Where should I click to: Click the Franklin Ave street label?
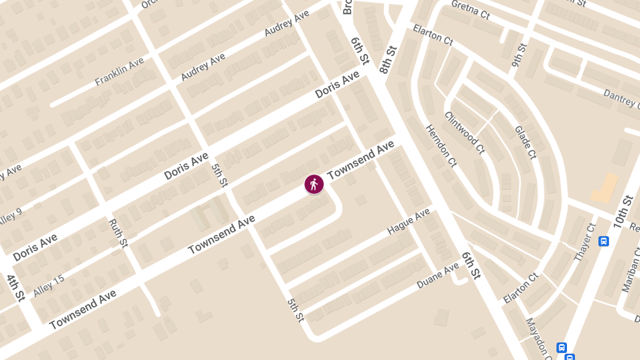click(119, 72)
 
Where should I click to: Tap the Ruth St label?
click(118, 233)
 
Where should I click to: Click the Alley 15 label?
click(49, 285)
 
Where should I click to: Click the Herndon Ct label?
click(441, 146)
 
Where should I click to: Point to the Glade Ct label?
click(525, 142)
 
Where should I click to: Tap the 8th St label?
click(389, 59)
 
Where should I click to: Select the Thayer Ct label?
click(585, 242)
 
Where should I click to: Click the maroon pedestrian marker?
click(314, 184)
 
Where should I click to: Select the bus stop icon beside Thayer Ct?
click(604, 241)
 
